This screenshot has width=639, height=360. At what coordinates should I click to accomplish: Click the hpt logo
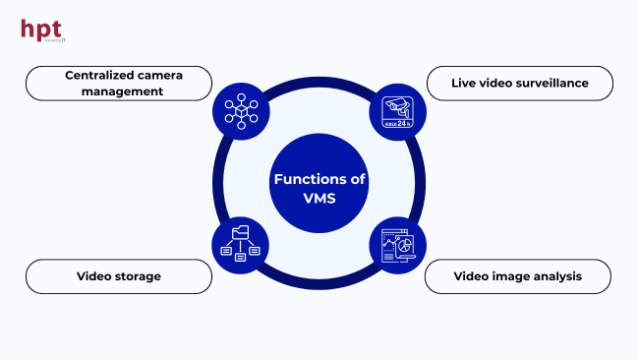tap(42, 29)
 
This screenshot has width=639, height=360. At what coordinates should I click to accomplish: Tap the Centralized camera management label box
tap(118, 83)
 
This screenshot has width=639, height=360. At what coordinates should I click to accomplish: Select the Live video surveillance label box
tap(519, 83)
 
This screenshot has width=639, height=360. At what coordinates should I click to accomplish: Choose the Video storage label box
tap(118, 276)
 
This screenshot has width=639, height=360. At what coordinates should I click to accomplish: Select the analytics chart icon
tap(397, 245)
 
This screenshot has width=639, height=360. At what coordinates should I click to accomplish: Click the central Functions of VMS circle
tap(319, 179)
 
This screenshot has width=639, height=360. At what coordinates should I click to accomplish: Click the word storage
tap(139, 276)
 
